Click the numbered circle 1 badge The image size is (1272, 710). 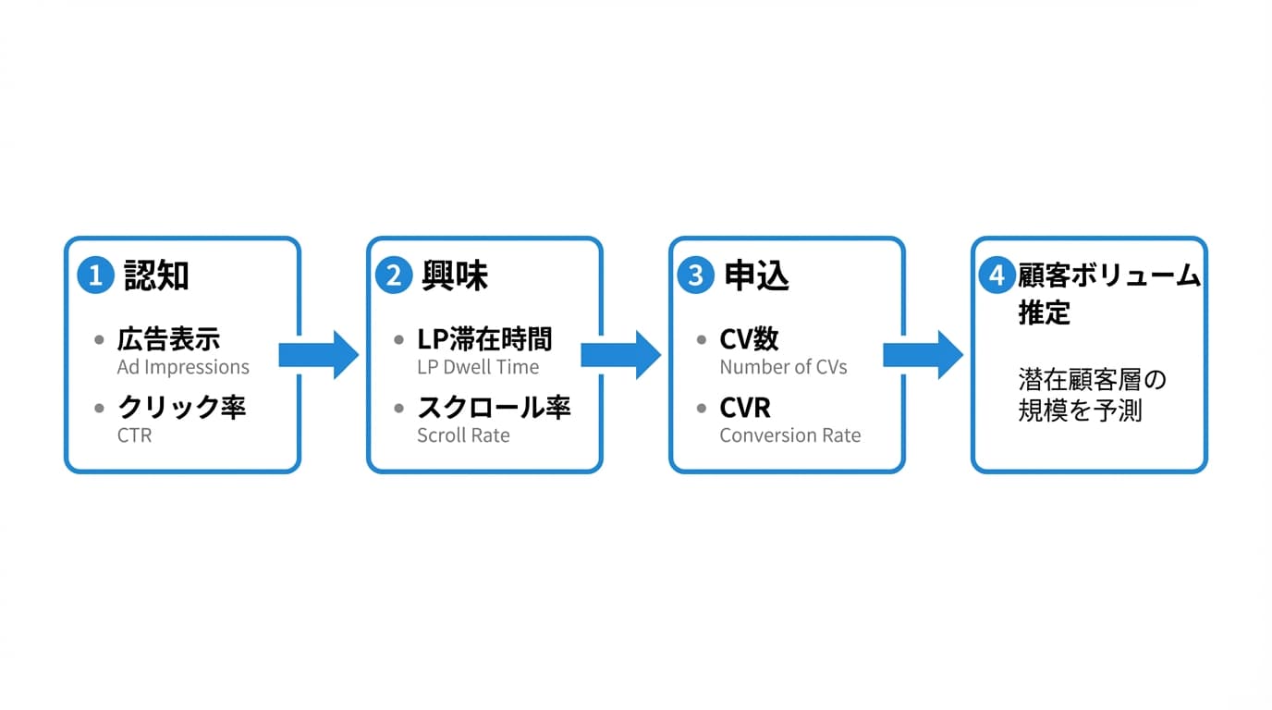(95, 275)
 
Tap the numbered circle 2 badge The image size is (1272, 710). (394, 275)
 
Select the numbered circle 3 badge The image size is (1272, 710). (695, 275)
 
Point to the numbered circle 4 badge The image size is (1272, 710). (997, 275)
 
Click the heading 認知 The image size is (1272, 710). (156, 275)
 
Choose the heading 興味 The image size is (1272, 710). (455, 275)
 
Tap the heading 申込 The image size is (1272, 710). (756, 275)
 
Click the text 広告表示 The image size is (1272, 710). (168, 339)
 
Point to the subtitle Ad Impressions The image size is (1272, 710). (183, 367)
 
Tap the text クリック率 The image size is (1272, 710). (181, 408)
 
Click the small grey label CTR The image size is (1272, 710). (134, 435)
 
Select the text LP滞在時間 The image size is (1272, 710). (484, 339)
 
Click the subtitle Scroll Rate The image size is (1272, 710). (463, 435)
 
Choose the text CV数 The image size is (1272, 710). (749, 339)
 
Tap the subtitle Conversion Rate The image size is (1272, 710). (789, 435)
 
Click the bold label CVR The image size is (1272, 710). (745, 408)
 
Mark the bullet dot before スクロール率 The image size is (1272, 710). (399, 408)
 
